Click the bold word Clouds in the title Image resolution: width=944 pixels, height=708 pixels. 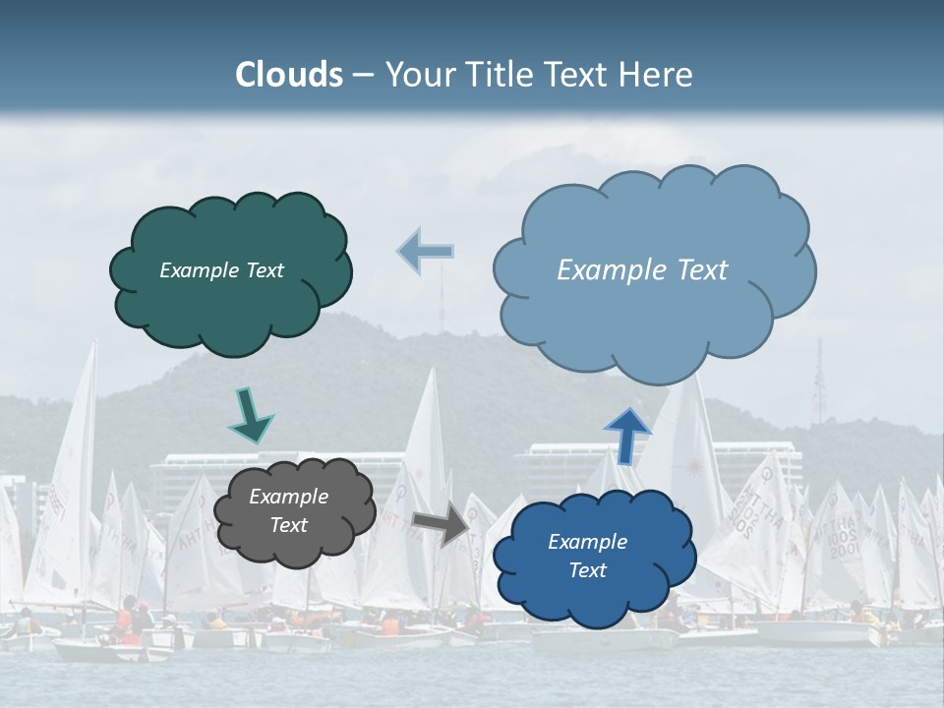pyautogui.click(x=289, y=75)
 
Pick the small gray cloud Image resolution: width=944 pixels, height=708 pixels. pyautogui.click(x=294, y=511)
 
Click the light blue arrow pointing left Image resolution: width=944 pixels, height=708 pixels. pyautogui.click(x=426, y=252)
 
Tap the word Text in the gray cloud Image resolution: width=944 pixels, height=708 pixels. pyautogui.click(x=289, y=525)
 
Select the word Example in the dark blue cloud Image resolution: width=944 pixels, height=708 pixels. pyautogui.click(x=587, y=542)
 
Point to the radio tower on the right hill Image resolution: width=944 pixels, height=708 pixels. pyautogui.click(x=817, y=383)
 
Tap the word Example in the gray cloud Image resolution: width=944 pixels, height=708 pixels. pyautogui.click(x=289, y=497)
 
